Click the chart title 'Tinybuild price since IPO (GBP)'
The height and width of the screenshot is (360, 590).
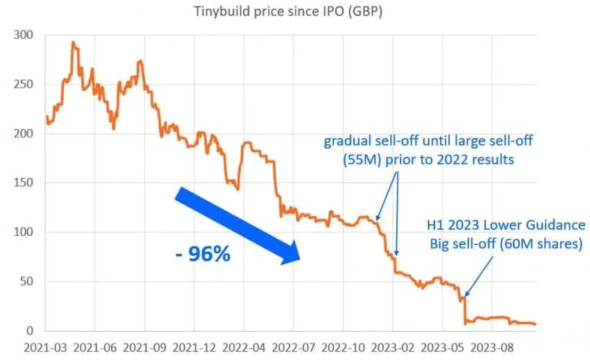tap(288, 11)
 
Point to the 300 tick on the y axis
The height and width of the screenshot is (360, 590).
tap(24, 35)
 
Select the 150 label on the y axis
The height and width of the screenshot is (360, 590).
tap(24, 182)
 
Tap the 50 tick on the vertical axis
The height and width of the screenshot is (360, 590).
tap(26, 282)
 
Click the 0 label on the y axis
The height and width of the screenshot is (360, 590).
tap(30, 331)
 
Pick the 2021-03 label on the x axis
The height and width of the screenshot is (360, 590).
tap(45, 348)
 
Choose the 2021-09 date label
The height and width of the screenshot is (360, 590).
tap(144, 348)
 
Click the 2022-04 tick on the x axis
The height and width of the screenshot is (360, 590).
tap(244, 348)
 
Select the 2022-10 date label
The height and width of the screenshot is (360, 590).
tap(343, 348)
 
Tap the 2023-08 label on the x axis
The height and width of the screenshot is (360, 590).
tap(492, 348)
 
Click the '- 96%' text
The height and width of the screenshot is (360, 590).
tap(203, 254)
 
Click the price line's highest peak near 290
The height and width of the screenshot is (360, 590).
tap(74, 42)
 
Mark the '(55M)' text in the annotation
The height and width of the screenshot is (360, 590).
tap(362, 160)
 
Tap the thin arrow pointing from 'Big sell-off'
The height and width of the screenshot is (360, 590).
tap(479, 277)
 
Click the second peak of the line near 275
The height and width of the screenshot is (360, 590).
tap(140, 60)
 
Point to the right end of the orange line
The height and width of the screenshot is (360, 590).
tap(535, 324)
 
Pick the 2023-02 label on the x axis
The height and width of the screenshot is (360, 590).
tap(393, 348)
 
